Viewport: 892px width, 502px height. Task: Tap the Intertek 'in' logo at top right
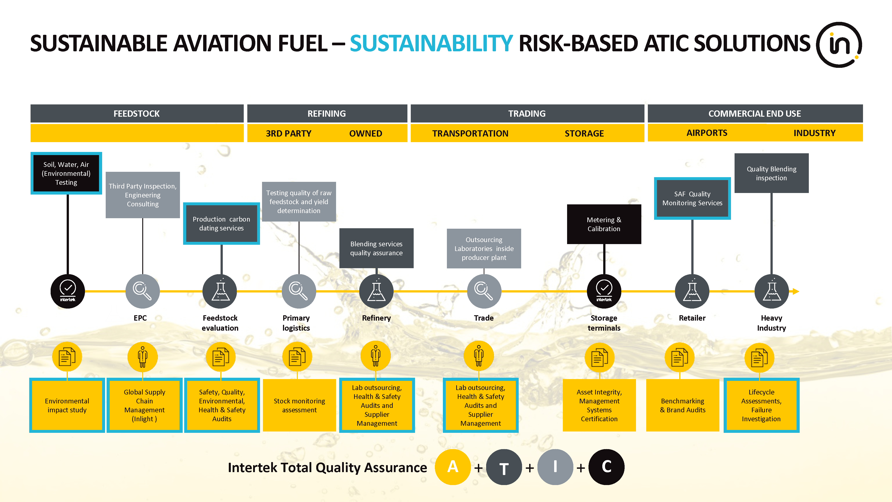pos(839,45)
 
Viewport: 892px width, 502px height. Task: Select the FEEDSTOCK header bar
pos(137,113)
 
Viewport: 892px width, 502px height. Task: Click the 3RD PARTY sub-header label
pos(288,133)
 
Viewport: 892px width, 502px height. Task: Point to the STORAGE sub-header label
pos(584,133)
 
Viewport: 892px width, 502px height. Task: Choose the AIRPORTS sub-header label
pos(707,133)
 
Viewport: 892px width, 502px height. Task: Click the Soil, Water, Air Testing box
pos(66,173)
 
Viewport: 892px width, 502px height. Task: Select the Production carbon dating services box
pos(221,224)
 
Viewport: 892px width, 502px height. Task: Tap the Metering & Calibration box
pos(604,224)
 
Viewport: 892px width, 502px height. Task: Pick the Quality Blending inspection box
pos(772,173)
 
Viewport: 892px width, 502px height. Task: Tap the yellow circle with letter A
pos(453,467)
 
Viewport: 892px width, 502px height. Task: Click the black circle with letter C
pos(606,467)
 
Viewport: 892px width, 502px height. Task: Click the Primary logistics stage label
pos(296,323)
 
